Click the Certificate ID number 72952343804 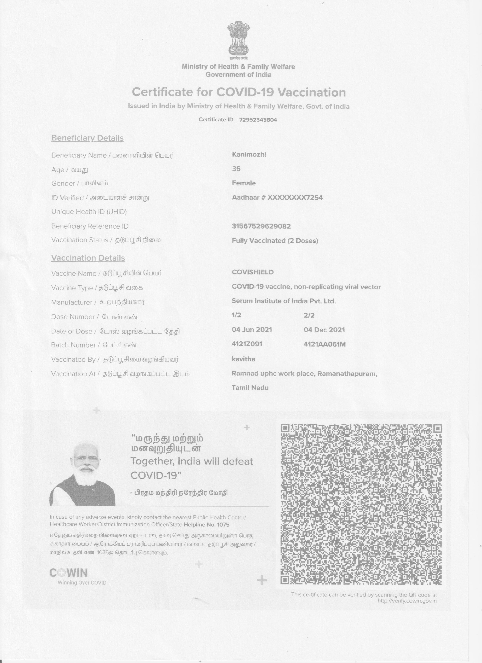click(258, 119)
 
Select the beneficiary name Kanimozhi click(249, 154)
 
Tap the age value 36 click(236, 169)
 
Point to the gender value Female click(244, 183)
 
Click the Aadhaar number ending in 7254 click(277, 197)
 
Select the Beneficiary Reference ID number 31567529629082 click(261, 226)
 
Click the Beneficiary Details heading click(87, 138)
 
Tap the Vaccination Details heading click(88, 258)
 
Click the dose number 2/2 click(309, 315)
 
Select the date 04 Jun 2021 click(252, 330)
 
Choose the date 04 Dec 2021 click(324, 330)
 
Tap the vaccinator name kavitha click(243, 359)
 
